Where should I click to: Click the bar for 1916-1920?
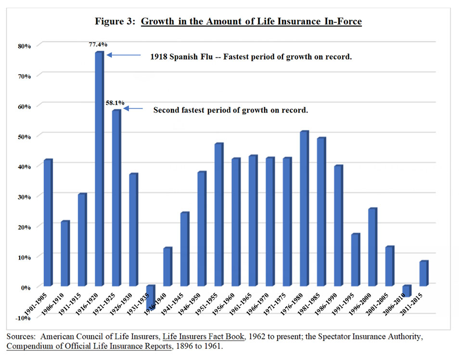tap(99, 168)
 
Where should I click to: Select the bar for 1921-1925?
tap(116, 197)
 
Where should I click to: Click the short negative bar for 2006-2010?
tap(407, 291)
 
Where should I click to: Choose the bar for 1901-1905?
tap(48, 222)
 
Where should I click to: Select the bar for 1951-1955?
tap(218, 214)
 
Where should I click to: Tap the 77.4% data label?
tap(98, 44)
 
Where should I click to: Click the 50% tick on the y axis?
tap(25, 137)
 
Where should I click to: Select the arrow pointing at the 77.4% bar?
tap(123, 55)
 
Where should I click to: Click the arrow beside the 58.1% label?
tap(134, 108)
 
